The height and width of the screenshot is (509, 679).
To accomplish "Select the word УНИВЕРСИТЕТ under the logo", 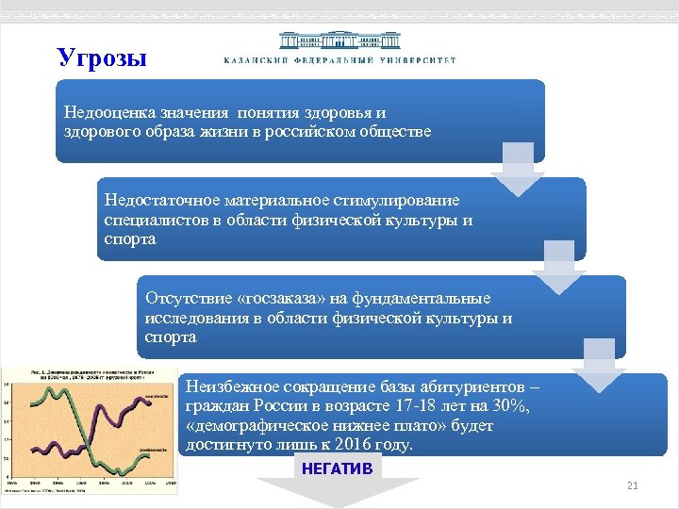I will point(417,60).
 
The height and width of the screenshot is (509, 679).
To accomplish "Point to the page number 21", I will point(633,485).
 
